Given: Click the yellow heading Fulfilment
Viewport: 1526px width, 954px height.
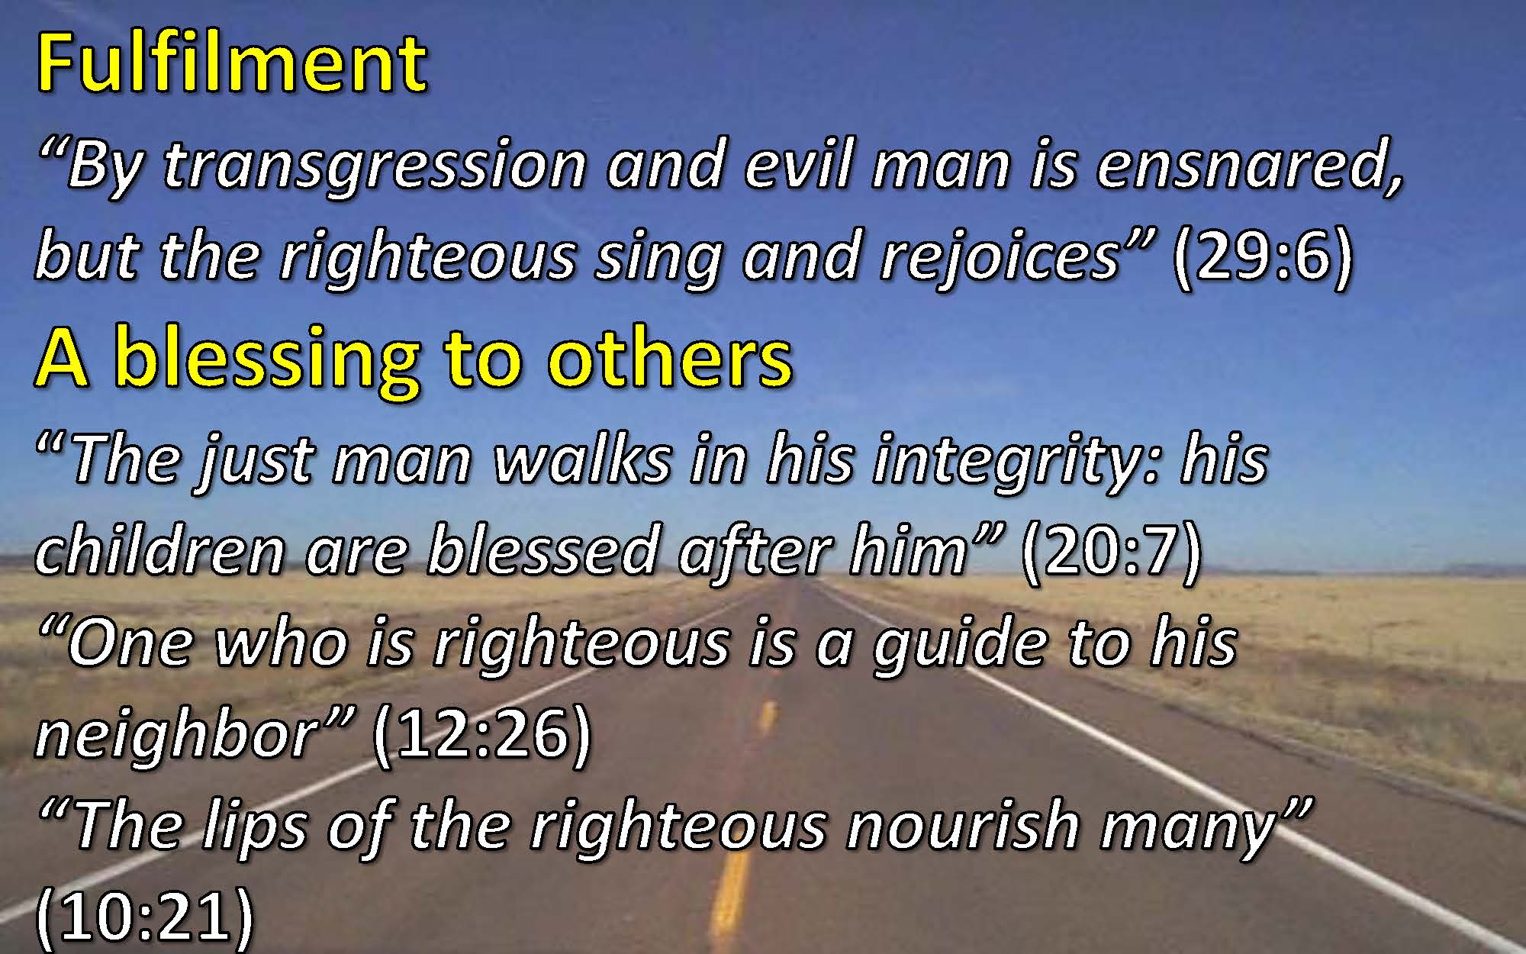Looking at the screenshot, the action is (x=232, y=63).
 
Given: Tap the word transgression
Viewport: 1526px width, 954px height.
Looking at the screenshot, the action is (x=375, y=167).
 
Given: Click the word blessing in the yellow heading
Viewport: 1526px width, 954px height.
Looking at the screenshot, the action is (x=266, y=359).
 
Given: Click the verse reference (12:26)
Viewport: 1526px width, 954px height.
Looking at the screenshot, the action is (x=482, y=734).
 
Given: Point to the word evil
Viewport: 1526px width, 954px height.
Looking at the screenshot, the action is (x=798, y=165).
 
